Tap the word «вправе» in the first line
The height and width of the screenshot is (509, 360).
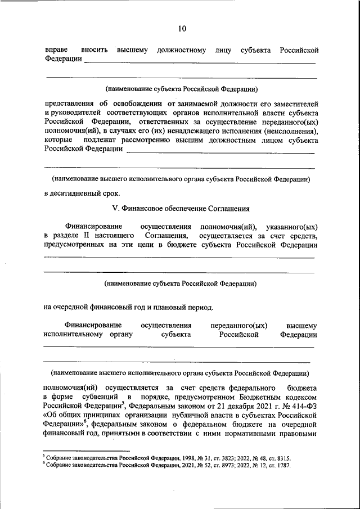tap(56, 51)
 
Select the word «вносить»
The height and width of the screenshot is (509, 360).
tap(94, 51)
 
